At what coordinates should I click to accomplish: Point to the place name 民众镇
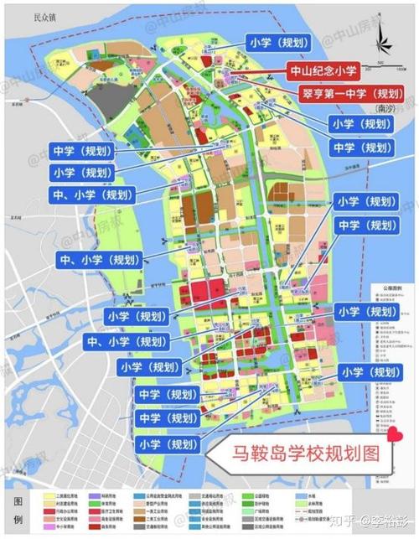click(38, 17)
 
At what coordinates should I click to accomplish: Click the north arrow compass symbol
click(383, 37)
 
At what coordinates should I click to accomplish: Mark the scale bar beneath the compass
click(383, 66)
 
